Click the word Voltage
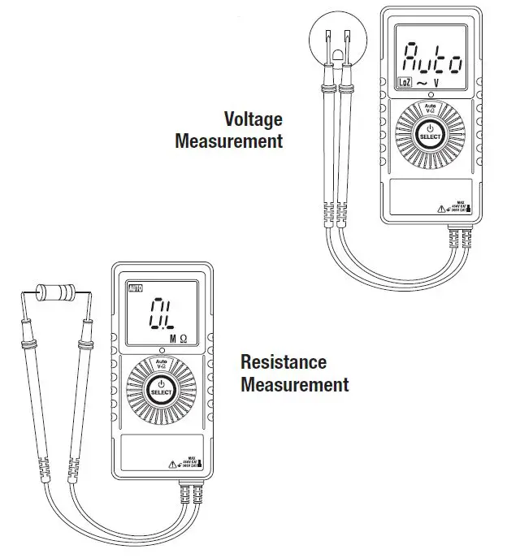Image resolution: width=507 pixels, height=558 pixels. (x=253, y=119)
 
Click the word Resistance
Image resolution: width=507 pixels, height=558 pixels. (x=284, y=362)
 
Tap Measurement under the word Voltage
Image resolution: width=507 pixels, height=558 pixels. (x=229, y=141)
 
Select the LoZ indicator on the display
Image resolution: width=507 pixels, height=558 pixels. (x=404, y=81)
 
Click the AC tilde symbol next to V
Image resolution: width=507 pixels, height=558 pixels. (x=422, y=82)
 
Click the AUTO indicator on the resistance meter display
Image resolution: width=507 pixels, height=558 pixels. (x=135, y=288)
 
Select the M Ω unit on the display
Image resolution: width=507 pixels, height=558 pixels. (x=179, y=338)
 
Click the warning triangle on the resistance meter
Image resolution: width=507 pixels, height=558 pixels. (x=171, y=464)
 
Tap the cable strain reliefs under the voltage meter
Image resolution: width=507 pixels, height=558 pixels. (x=458, y=238)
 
